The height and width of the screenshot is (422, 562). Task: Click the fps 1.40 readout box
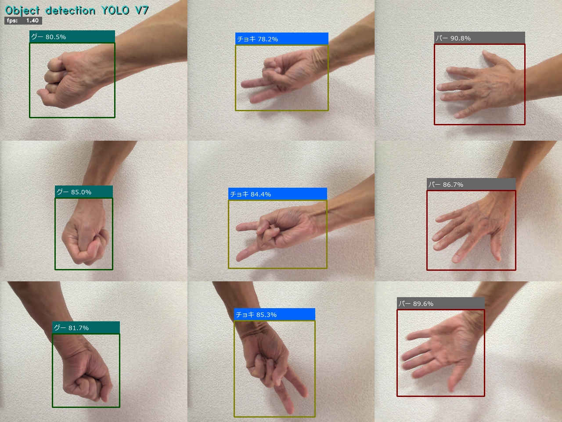(23, 21)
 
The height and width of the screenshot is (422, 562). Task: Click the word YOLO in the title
(115, 11)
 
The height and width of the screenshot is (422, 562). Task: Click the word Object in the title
(22, 11)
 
